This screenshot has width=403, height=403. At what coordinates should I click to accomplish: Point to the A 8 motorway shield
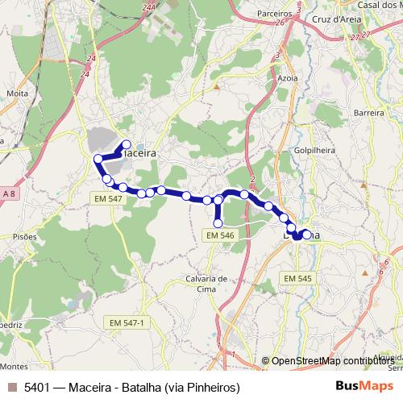point(9,194)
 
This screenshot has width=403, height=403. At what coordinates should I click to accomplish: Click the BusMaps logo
point(364,387)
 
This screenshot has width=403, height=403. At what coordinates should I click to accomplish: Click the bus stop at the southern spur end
point(218,223)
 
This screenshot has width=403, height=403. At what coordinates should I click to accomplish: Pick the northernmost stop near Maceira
point(126,145)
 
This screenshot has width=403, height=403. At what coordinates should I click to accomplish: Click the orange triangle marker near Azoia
point(216,85)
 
